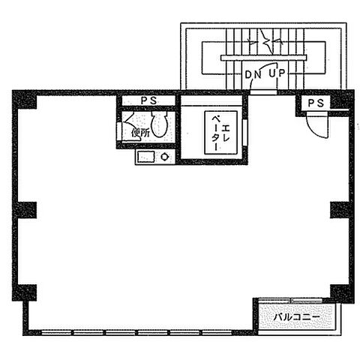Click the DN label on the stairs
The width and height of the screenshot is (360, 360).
click(x=253, y=74)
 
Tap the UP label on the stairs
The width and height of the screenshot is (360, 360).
click(x=276, y=74)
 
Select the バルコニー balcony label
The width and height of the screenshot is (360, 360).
click(x=295, y=318)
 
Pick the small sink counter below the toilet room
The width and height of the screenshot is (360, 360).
click(x=154, y=157)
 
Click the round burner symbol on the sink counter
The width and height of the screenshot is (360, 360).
click(x=165, y=157)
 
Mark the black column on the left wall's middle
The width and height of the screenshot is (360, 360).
click(x=25, y=209)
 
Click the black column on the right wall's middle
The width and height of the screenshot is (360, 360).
click(x=340, y=209)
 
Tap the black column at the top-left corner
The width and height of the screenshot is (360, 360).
click(x=25, y=100)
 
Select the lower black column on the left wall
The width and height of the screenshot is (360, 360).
click(x=25, y=292)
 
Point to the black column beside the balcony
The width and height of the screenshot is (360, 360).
click(x=341, y=292)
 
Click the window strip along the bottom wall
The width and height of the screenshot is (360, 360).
click(x=135, y=331)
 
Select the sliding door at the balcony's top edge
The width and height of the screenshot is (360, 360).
click(x=292, y=301)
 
